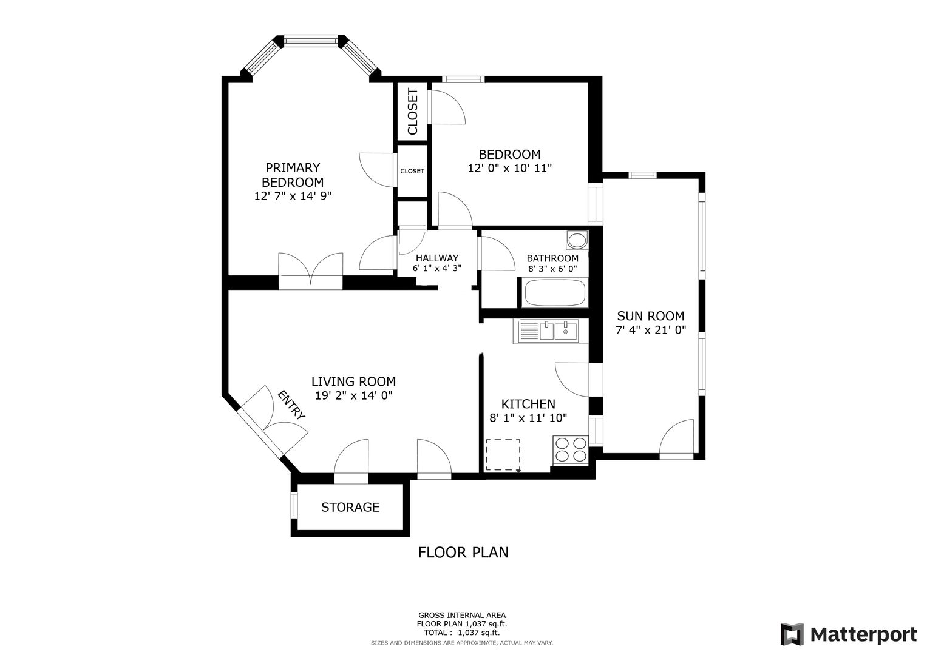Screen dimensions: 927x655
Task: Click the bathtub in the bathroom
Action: [x=555, y=293]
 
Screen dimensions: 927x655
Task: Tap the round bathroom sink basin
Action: [x=577, y=240]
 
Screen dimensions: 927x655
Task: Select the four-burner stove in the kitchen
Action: [x=571, y=450]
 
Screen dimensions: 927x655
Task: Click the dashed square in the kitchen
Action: [x=503, y=455]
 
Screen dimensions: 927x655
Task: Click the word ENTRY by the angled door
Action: [x=291, y=405]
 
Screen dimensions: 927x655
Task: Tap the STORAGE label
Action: [x=350, y=508]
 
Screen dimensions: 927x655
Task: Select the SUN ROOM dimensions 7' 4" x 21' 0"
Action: [x=651, y=330]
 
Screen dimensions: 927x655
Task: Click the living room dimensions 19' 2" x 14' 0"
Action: [x=354, y=395]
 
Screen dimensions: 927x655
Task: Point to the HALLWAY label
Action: [x=437, y=258]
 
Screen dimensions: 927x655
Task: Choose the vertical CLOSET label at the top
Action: [x=413, y=112]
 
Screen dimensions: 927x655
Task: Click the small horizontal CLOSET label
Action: [x=412, y=171]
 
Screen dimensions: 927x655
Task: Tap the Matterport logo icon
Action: [x=792, y=634]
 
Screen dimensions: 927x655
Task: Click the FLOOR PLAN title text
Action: [x=463, y=553]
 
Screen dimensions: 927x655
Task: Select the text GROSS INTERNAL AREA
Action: [x=462, y=615]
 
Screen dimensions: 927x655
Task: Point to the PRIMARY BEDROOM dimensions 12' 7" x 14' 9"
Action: [x=293, y=196]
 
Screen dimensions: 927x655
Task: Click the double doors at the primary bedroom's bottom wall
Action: [x=310, y=271]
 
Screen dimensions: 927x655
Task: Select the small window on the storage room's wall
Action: [x=294, y=505]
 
